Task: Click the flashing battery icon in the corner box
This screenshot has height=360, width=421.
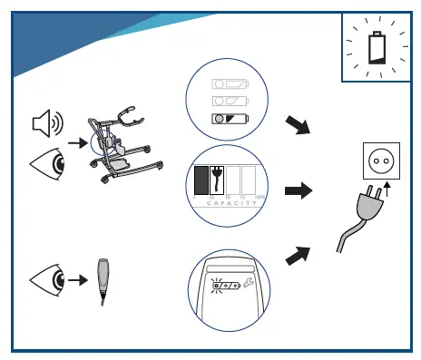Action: click(377, 45)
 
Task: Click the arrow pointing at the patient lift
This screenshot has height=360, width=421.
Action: click(80, 142)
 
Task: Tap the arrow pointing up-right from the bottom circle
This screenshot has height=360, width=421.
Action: click(298, 257)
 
